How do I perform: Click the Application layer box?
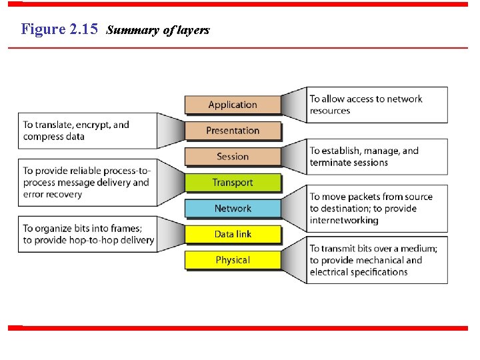coord(232,105)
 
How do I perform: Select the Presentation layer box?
coord(232,131)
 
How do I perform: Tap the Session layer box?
coord(232,157)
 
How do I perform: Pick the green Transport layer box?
coord(232,183)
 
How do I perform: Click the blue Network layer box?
coord(232,209)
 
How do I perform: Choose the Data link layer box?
coord(232,234)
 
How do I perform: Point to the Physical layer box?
coord(232,260)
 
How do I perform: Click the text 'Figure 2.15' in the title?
coord(59,29)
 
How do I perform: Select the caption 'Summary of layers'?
coord(158,30)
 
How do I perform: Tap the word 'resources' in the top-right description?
coord(330,111)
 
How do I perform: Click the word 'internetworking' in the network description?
coord(344,221)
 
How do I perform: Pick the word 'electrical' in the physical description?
coord(331,272)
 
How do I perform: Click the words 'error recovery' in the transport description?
coord(53,195)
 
